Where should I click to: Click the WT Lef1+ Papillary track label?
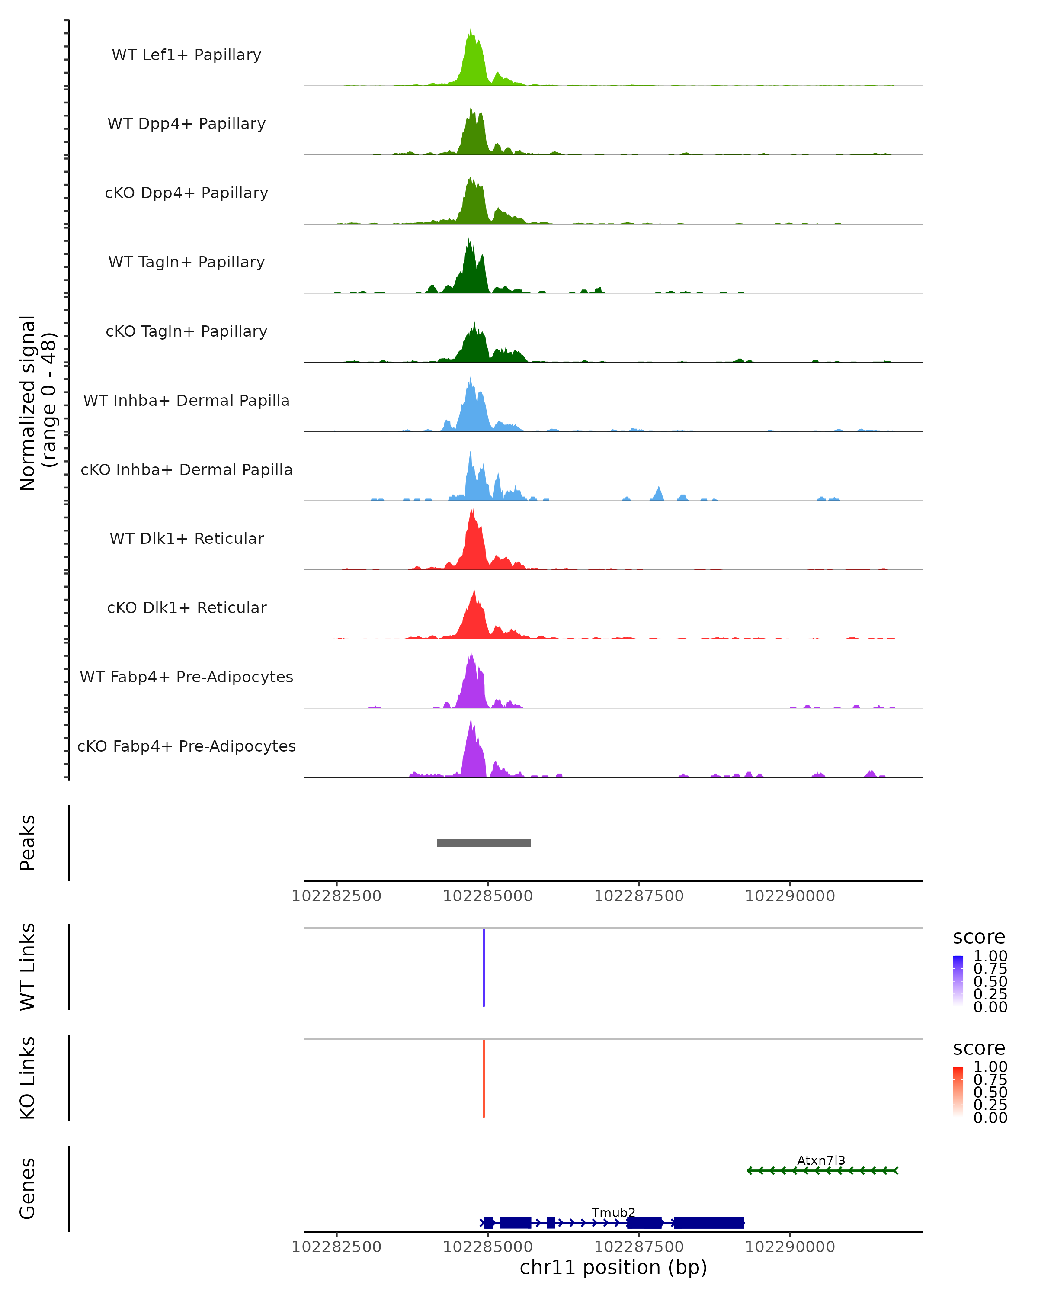tap(186, 55)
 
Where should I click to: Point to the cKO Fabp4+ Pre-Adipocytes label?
tap(186, 746)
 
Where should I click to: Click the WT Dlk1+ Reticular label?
tap(186, 538)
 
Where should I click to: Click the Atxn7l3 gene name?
tap(821, 1160)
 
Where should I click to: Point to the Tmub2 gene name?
tap(613, 1212)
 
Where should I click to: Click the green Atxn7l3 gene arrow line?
tap(822, 1170)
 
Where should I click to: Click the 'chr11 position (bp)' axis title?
tap(613, 1268)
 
